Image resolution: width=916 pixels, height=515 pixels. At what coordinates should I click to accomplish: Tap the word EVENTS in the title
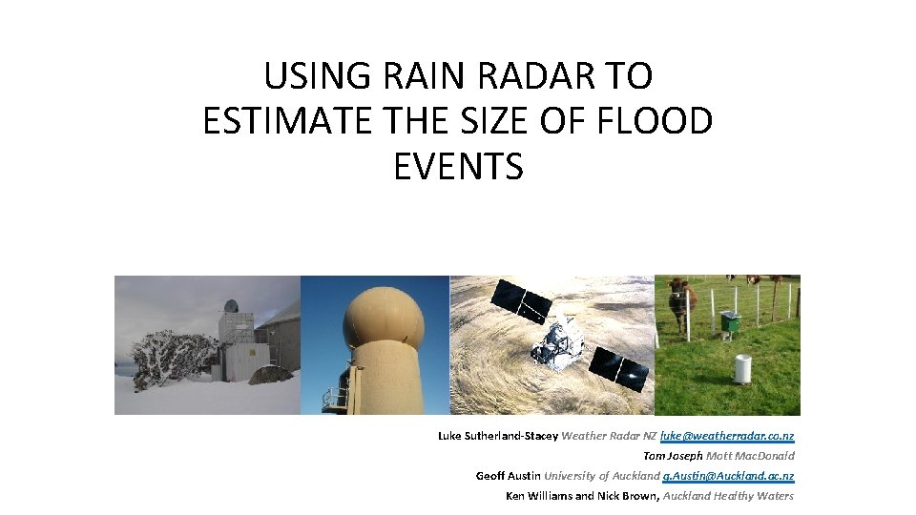coord(458,167)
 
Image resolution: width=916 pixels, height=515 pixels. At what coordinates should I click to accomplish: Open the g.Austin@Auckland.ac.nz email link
coord(728,476)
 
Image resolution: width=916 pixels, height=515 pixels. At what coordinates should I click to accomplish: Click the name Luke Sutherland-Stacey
coord(497,436)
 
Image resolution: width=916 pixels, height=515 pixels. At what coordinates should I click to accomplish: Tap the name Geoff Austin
coord(508,476)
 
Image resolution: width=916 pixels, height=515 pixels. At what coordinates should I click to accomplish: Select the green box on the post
coord(731,322)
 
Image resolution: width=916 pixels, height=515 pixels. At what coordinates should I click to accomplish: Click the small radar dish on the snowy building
coord(231,308)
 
